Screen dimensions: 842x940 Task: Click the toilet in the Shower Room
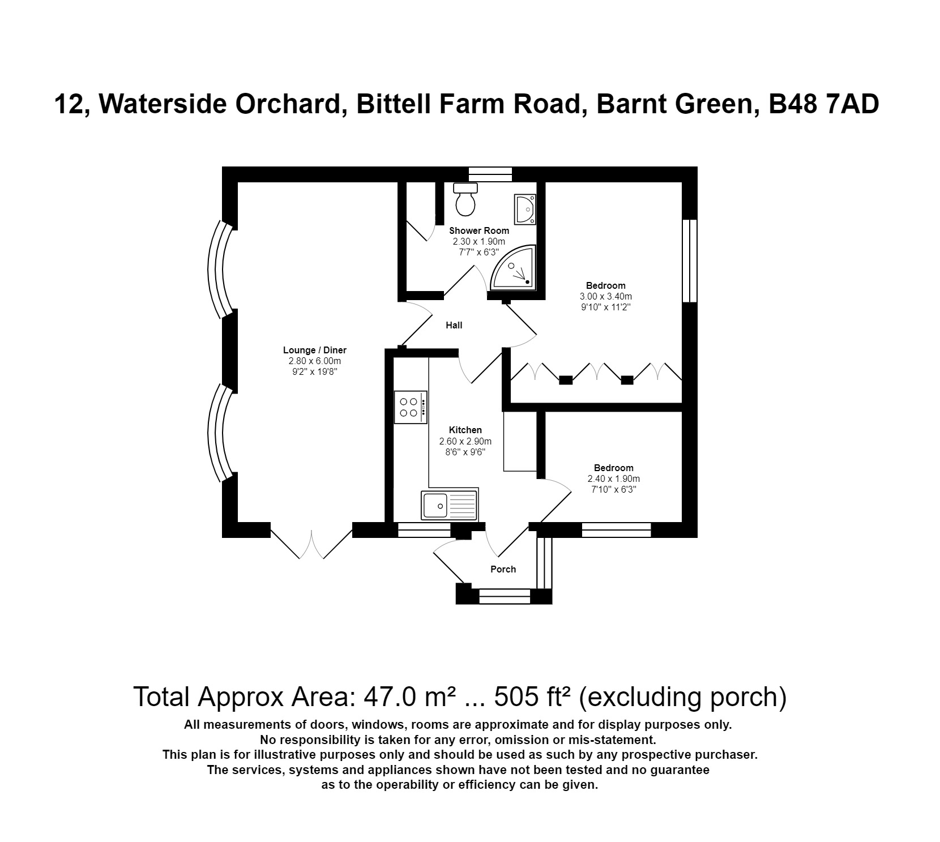tap(466, 200)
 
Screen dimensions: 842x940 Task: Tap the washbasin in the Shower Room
tap(525, 209)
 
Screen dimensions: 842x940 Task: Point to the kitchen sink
tap(449, 505)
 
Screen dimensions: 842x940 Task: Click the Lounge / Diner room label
tap(315, 350)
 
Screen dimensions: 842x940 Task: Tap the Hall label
tap(454, 325)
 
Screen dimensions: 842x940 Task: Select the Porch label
tap(503, 569)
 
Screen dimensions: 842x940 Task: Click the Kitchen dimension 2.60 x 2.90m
tap(465, 441)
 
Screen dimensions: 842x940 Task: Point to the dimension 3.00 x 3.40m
tap(605, 296)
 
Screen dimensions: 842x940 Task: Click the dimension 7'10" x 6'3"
tap(614, 490)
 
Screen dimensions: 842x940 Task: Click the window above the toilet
tap(490, 173)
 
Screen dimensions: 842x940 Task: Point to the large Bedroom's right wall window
tap(689, 261)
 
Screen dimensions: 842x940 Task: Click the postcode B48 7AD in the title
tap(823, 105)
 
